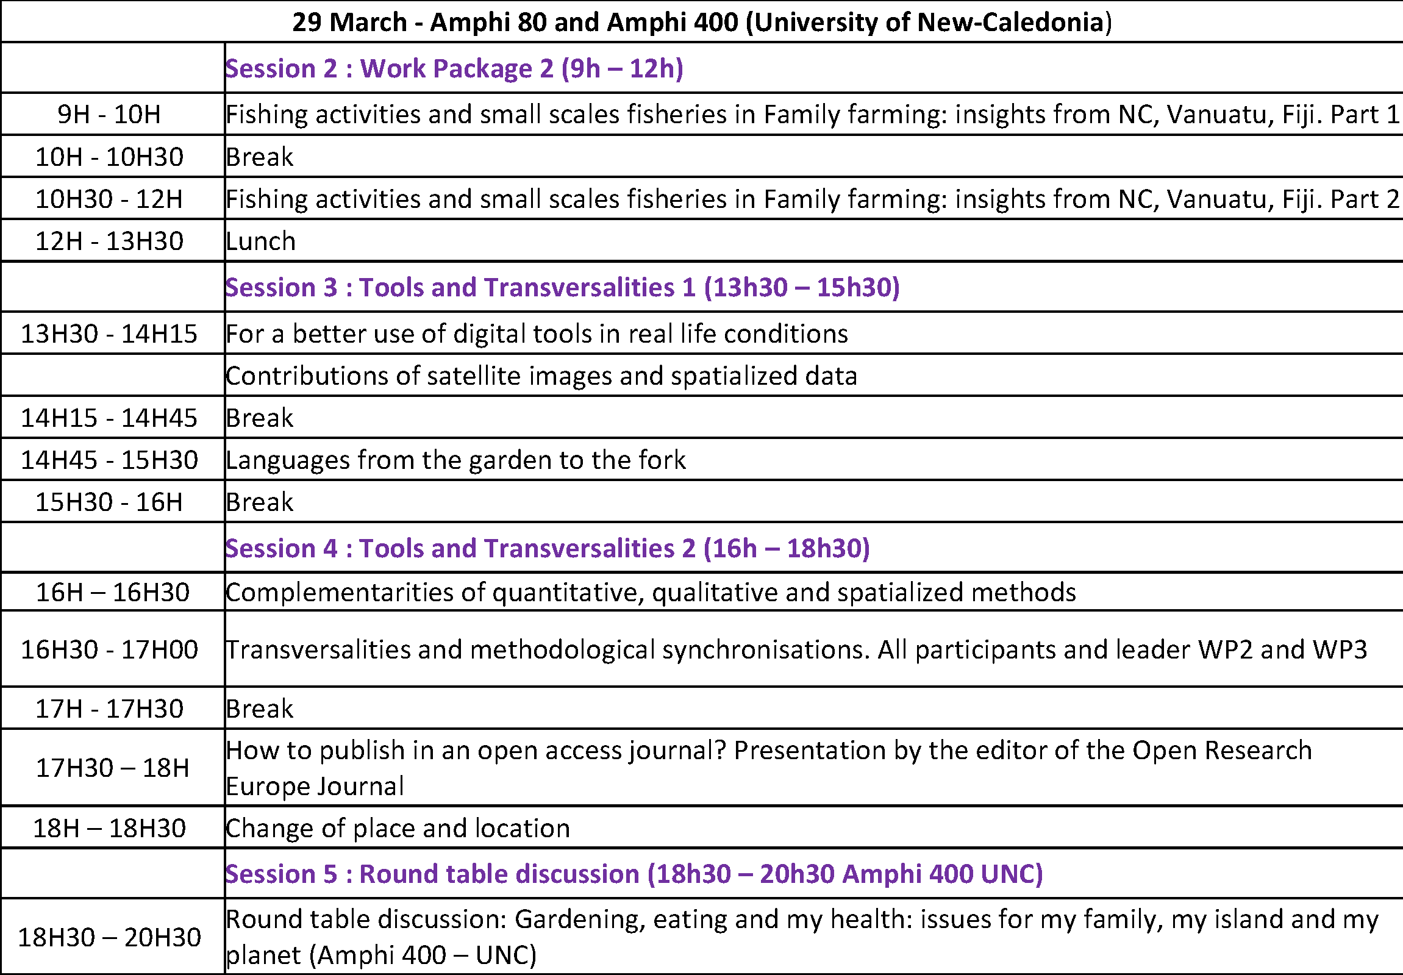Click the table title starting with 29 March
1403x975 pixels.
(x=701, y=23)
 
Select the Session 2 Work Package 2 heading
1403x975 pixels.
(x=454, y=68)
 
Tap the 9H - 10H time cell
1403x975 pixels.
(x=109, y=114)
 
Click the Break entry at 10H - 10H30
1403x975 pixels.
(x=260, y=157)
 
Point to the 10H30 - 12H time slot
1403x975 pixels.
(x=109, y=199)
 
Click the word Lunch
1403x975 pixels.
(x=261, y=241)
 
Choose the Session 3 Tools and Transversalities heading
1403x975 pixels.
(x=562, y=287)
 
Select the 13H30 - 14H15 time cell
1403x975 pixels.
(x=109, y=334)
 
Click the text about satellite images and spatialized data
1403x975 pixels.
(x=541, y=376)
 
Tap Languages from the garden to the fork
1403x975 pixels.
(x=455, y=459)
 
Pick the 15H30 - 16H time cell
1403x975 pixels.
(x=109, y=502)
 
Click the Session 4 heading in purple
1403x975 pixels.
(x=548, y=548)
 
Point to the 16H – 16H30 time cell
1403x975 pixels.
(x=113, y=592)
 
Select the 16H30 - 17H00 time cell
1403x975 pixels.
(x=109, y=649)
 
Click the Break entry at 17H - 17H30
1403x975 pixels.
(x=260, y=709)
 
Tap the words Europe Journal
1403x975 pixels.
(x=315, y=786)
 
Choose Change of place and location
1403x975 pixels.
(x=398, y=828)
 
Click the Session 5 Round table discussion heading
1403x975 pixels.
(x=634, y=874)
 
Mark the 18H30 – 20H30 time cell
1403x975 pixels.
(x=109, y=937)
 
